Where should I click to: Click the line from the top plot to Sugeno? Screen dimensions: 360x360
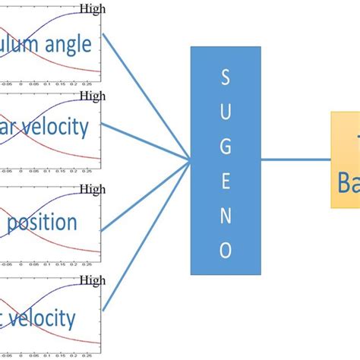coord(144,94)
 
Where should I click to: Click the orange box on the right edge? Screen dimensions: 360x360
coord(345,159)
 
